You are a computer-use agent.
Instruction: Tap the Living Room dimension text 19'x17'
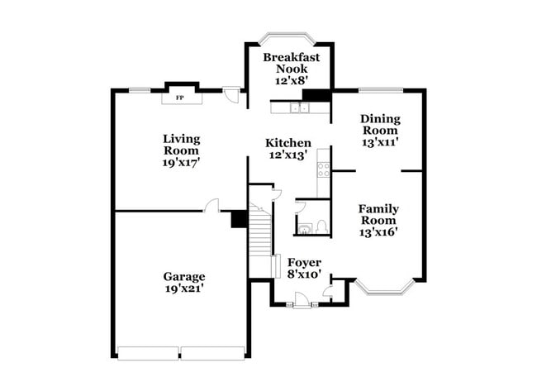(x=181, y=163)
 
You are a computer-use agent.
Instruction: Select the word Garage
(x=184, y=276)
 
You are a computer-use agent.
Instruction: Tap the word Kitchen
(x=288, y=143)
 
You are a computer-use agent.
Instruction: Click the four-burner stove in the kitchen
(x=324, y=169)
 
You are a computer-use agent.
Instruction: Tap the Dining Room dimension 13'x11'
(x=380, y=142)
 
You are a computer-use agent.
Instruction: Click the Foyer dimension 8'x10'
(x=303, y=275)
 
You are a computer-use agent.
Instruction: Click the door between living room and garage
(x=212, y=206)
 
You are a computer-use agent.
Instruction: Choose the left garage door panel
(x=148, y=353)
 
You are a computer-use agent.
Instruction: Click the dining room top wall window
(x=380, y=90)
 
